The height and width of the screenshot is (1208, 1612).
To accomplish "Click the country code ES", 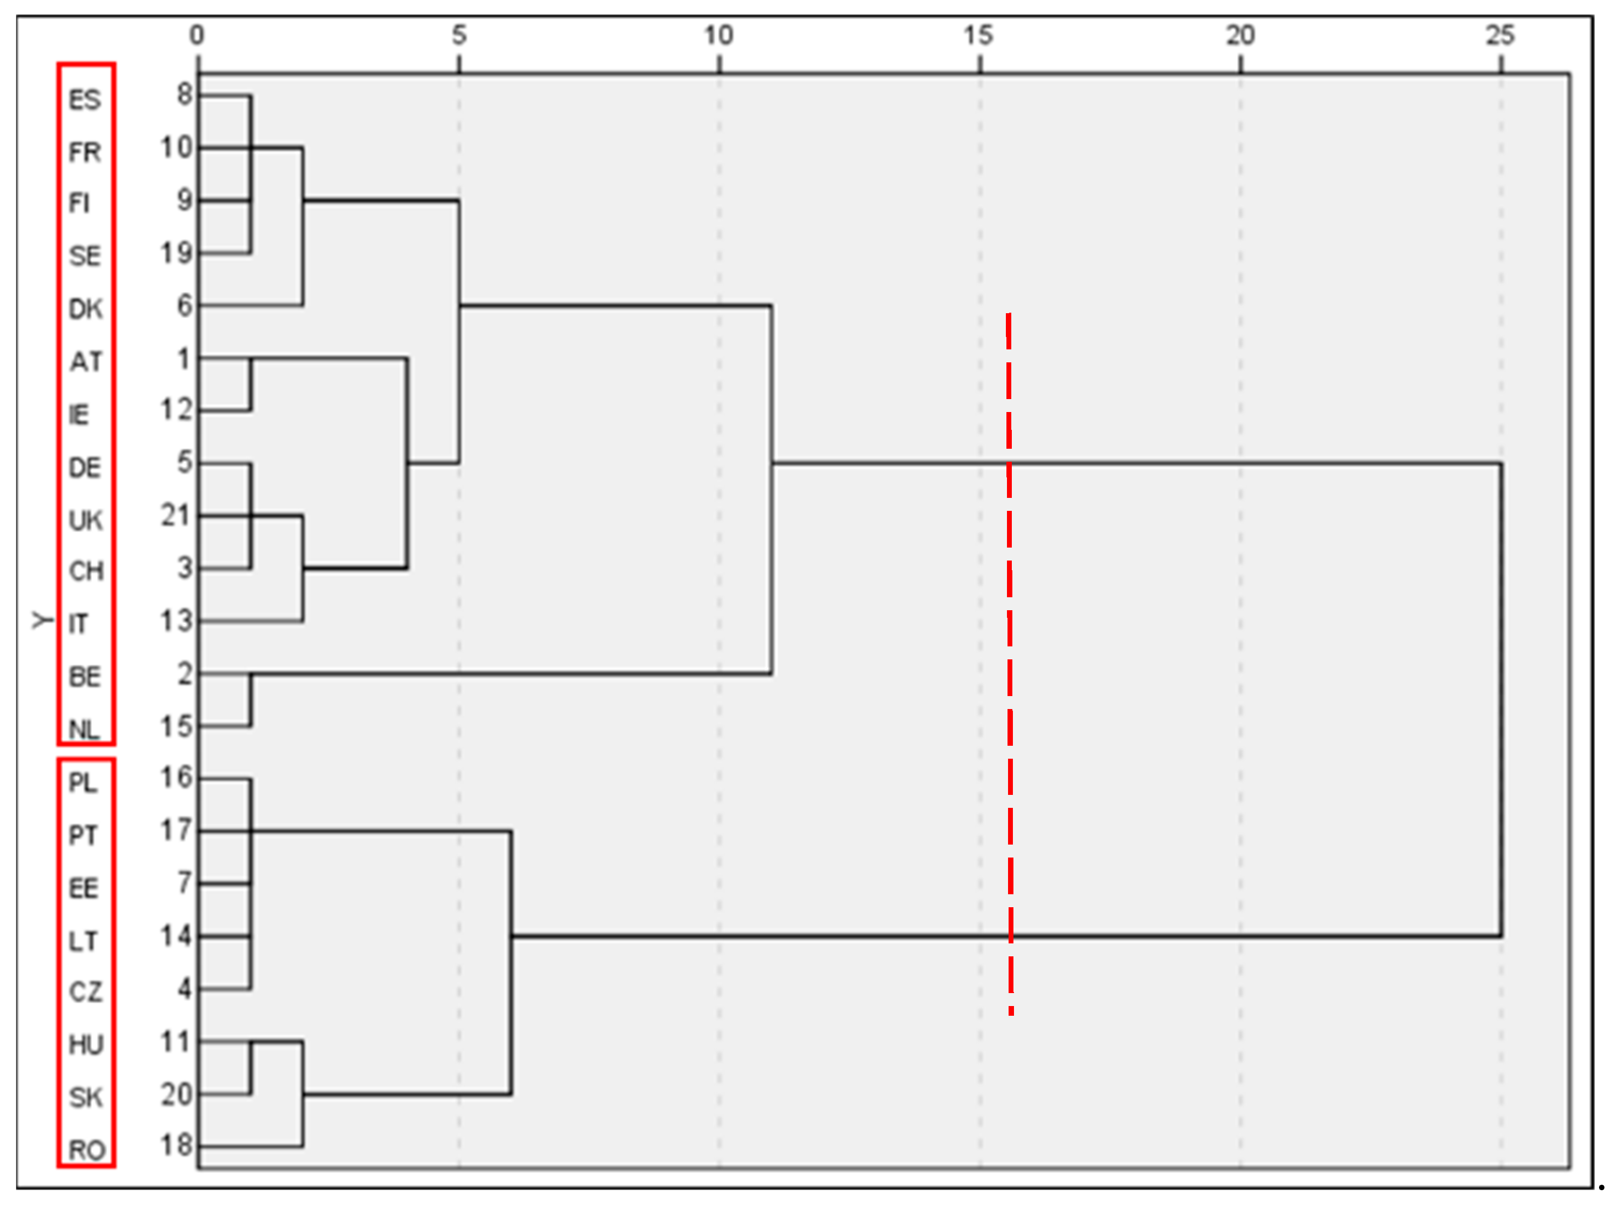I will pos(84,100).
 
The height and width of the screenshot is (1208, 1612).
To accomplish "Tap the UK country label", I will pos(85,520).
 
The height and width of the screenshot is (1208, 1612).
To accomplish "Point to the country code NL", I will pos(84,730).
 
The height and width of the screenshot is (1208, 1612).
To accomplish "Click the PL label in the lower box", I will pos(82,782).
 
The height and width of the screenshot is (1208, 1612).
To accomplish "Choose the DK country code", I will pos(85,309).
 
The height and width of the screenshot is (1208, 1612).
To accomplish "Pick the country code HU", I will pos(86,1045).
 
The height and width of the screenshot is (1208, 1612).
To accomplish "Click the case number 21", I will pos(176,515).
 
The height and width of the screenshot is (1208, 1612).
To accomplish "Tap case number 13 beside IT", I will pos(176,621).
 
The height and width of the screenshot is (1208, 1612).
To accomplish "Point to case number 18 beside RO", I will pos(176,1145).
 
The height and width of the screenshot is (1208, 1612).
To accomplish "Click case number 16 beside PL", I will pos(176,778).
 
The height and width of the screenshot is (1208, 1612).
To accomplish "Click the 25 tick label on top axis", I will pos(1500,35).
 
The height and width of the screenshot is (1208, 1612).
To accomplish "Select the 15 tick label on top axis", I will pos(978,35).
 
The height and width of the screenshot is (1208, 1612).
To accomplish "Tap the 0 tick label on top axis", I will pos(197,35).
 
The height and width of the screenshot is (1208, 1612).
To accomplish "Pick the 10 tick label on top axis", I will pos(718,35).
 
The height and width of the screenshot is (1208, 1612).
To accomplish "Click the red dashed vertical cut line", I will pos(1009,656).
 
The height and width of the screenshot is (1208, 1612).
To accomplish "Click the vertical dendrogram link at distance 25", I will pos(1501,699).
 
